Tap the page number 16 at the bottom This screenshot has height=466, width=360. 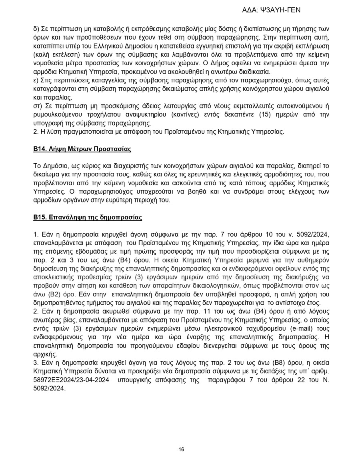181,449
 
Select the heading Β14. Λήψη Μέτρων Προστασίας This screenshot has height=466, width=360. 82,149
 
